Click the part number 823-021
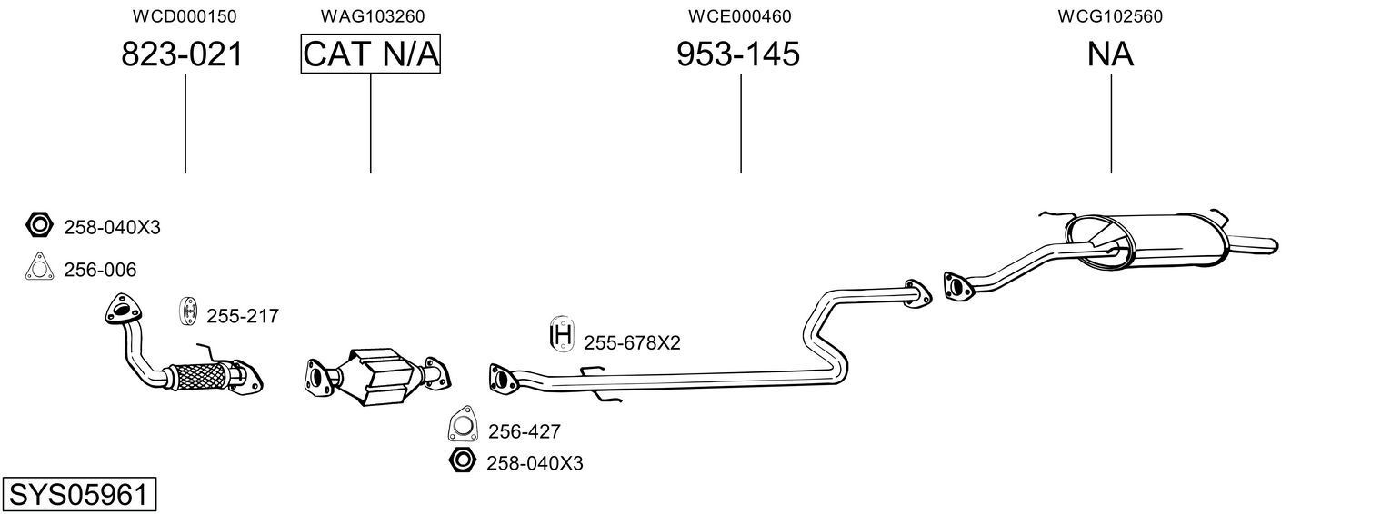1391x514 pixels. click(183, 54)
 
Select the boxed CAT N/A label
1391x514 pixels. click(371, 54)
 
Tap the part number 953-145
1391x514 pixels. click(738, 54)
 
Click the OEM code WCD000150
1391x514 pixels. click(185, 16)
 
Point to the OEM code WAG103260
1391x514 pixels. click(372, 16)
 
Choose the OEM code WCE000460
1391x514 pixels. click(739, 16)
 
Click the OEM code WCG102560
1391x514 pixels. click(1110, 16)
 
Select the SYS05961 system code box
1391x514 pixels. click(78, 495)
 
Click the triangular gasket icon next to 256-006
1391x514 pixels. click(38, 268)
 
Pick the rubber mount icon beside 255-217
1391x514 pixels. click(188, 311)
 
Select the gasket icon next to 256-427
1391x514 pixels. click(464, 425)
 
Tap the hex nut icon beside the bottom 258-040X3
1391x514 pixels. click(462, 460)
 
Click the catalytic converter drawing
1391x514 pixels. click(377, 374)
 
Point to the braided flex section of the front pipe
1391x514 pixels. click(198, 374)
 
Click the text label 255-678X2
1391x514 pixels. click(632, 343)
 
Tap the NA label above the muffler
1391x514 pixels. click(1110, 54)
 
